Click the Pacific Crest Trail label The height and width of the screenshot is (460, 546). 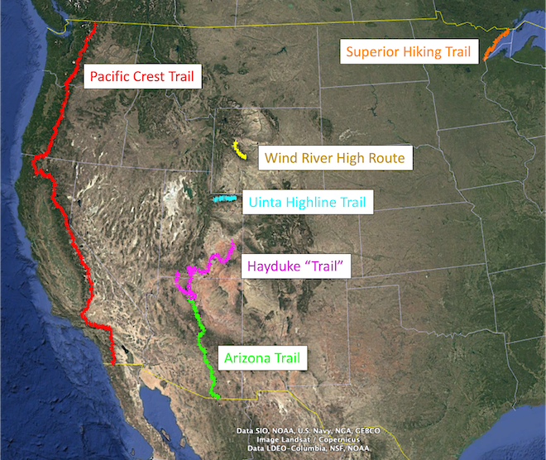point(141,77)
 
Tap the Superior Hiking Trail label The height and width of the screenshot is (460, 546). point(408,52)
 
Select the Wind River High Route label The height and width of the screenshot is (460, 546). point(334,157)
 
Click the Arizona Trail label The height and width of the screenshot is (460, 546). point(261,358)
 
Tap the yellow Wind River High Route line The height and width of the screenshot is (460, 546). point(238,150)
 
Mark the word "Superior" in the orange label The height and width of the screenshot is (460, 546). point(373,52)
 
